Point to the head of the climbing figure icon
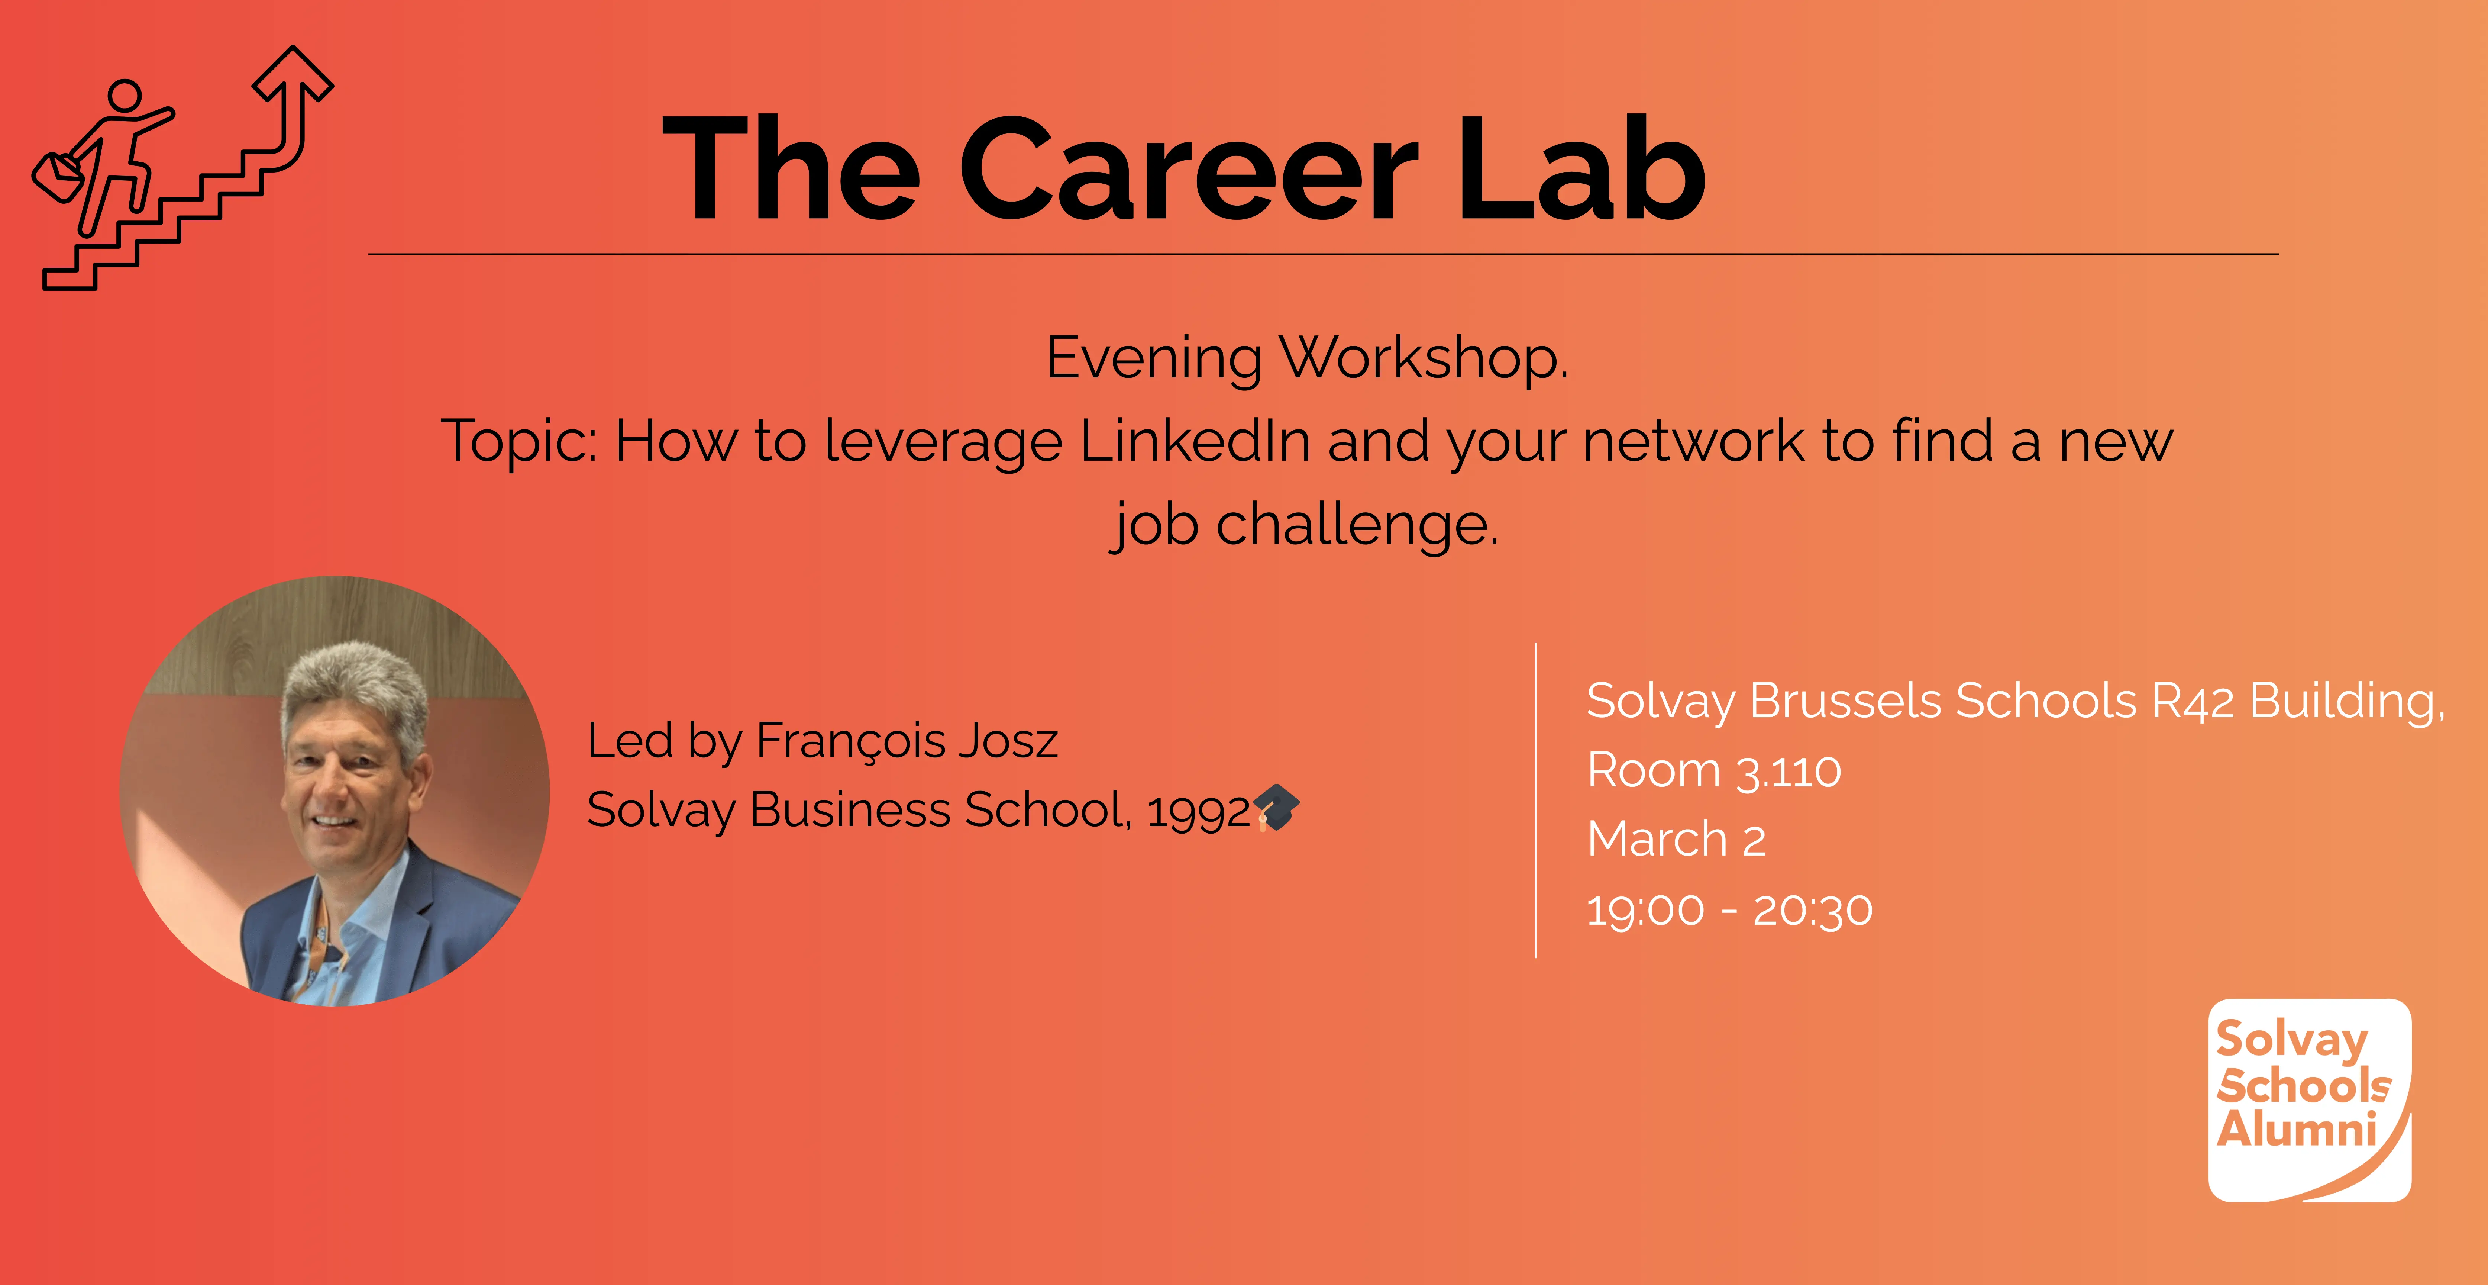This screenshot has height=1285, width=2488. click(x=125, y=97)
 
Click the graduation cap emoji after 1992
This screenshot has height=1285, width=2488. click(x=1277, y=808)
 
